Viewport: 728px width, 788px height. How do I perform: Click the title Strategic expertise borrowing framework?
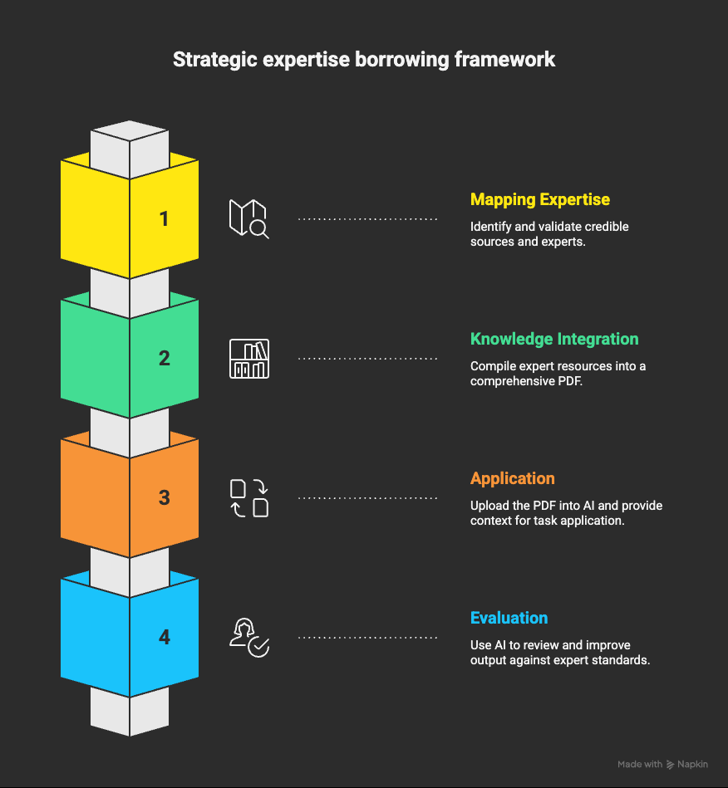tap(363, 60)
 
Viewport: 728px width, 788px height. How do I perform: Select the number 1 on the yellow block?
tap(164, 219)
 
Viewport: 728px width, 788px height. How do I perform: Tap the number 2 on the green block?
tap(164, 359)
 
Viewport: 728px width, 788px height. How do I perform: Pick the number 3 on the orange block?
tap(164, 498)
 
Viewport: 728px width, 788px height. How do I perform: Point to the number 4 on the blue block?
tap(164, 638)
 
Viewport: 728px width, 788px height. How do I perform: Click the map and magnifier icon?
tap(248, 219)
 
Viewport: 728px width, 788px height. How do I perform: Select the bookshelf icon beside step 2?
tap(248, 359)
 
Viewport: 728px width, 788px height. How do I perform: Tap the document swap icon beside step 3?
tap(248, 498)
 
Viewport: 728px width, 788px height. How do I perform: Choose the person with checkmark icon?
tap(248, 638)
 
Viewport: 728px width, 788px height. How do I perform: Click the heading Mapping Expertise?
tap(539, 199)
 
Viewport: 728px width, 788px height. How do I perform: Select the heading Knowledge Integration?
tap(553, 339)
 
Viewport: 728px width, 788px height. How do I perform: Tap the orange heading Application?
tap(512, 478)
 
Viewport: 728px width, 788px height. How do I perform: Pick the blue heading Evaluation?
tap(509, 618)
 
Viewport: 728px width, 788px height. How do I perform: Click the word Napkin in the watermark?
tap(693, 764)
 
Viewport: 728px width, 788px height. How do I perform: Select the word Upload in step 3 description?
tap(489, 506)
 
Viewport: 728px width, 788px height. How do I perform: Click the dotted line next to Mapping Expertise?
tap(367, 219)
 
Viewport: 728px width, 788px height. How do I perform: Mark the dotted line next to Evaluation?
tap(367, 638)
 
